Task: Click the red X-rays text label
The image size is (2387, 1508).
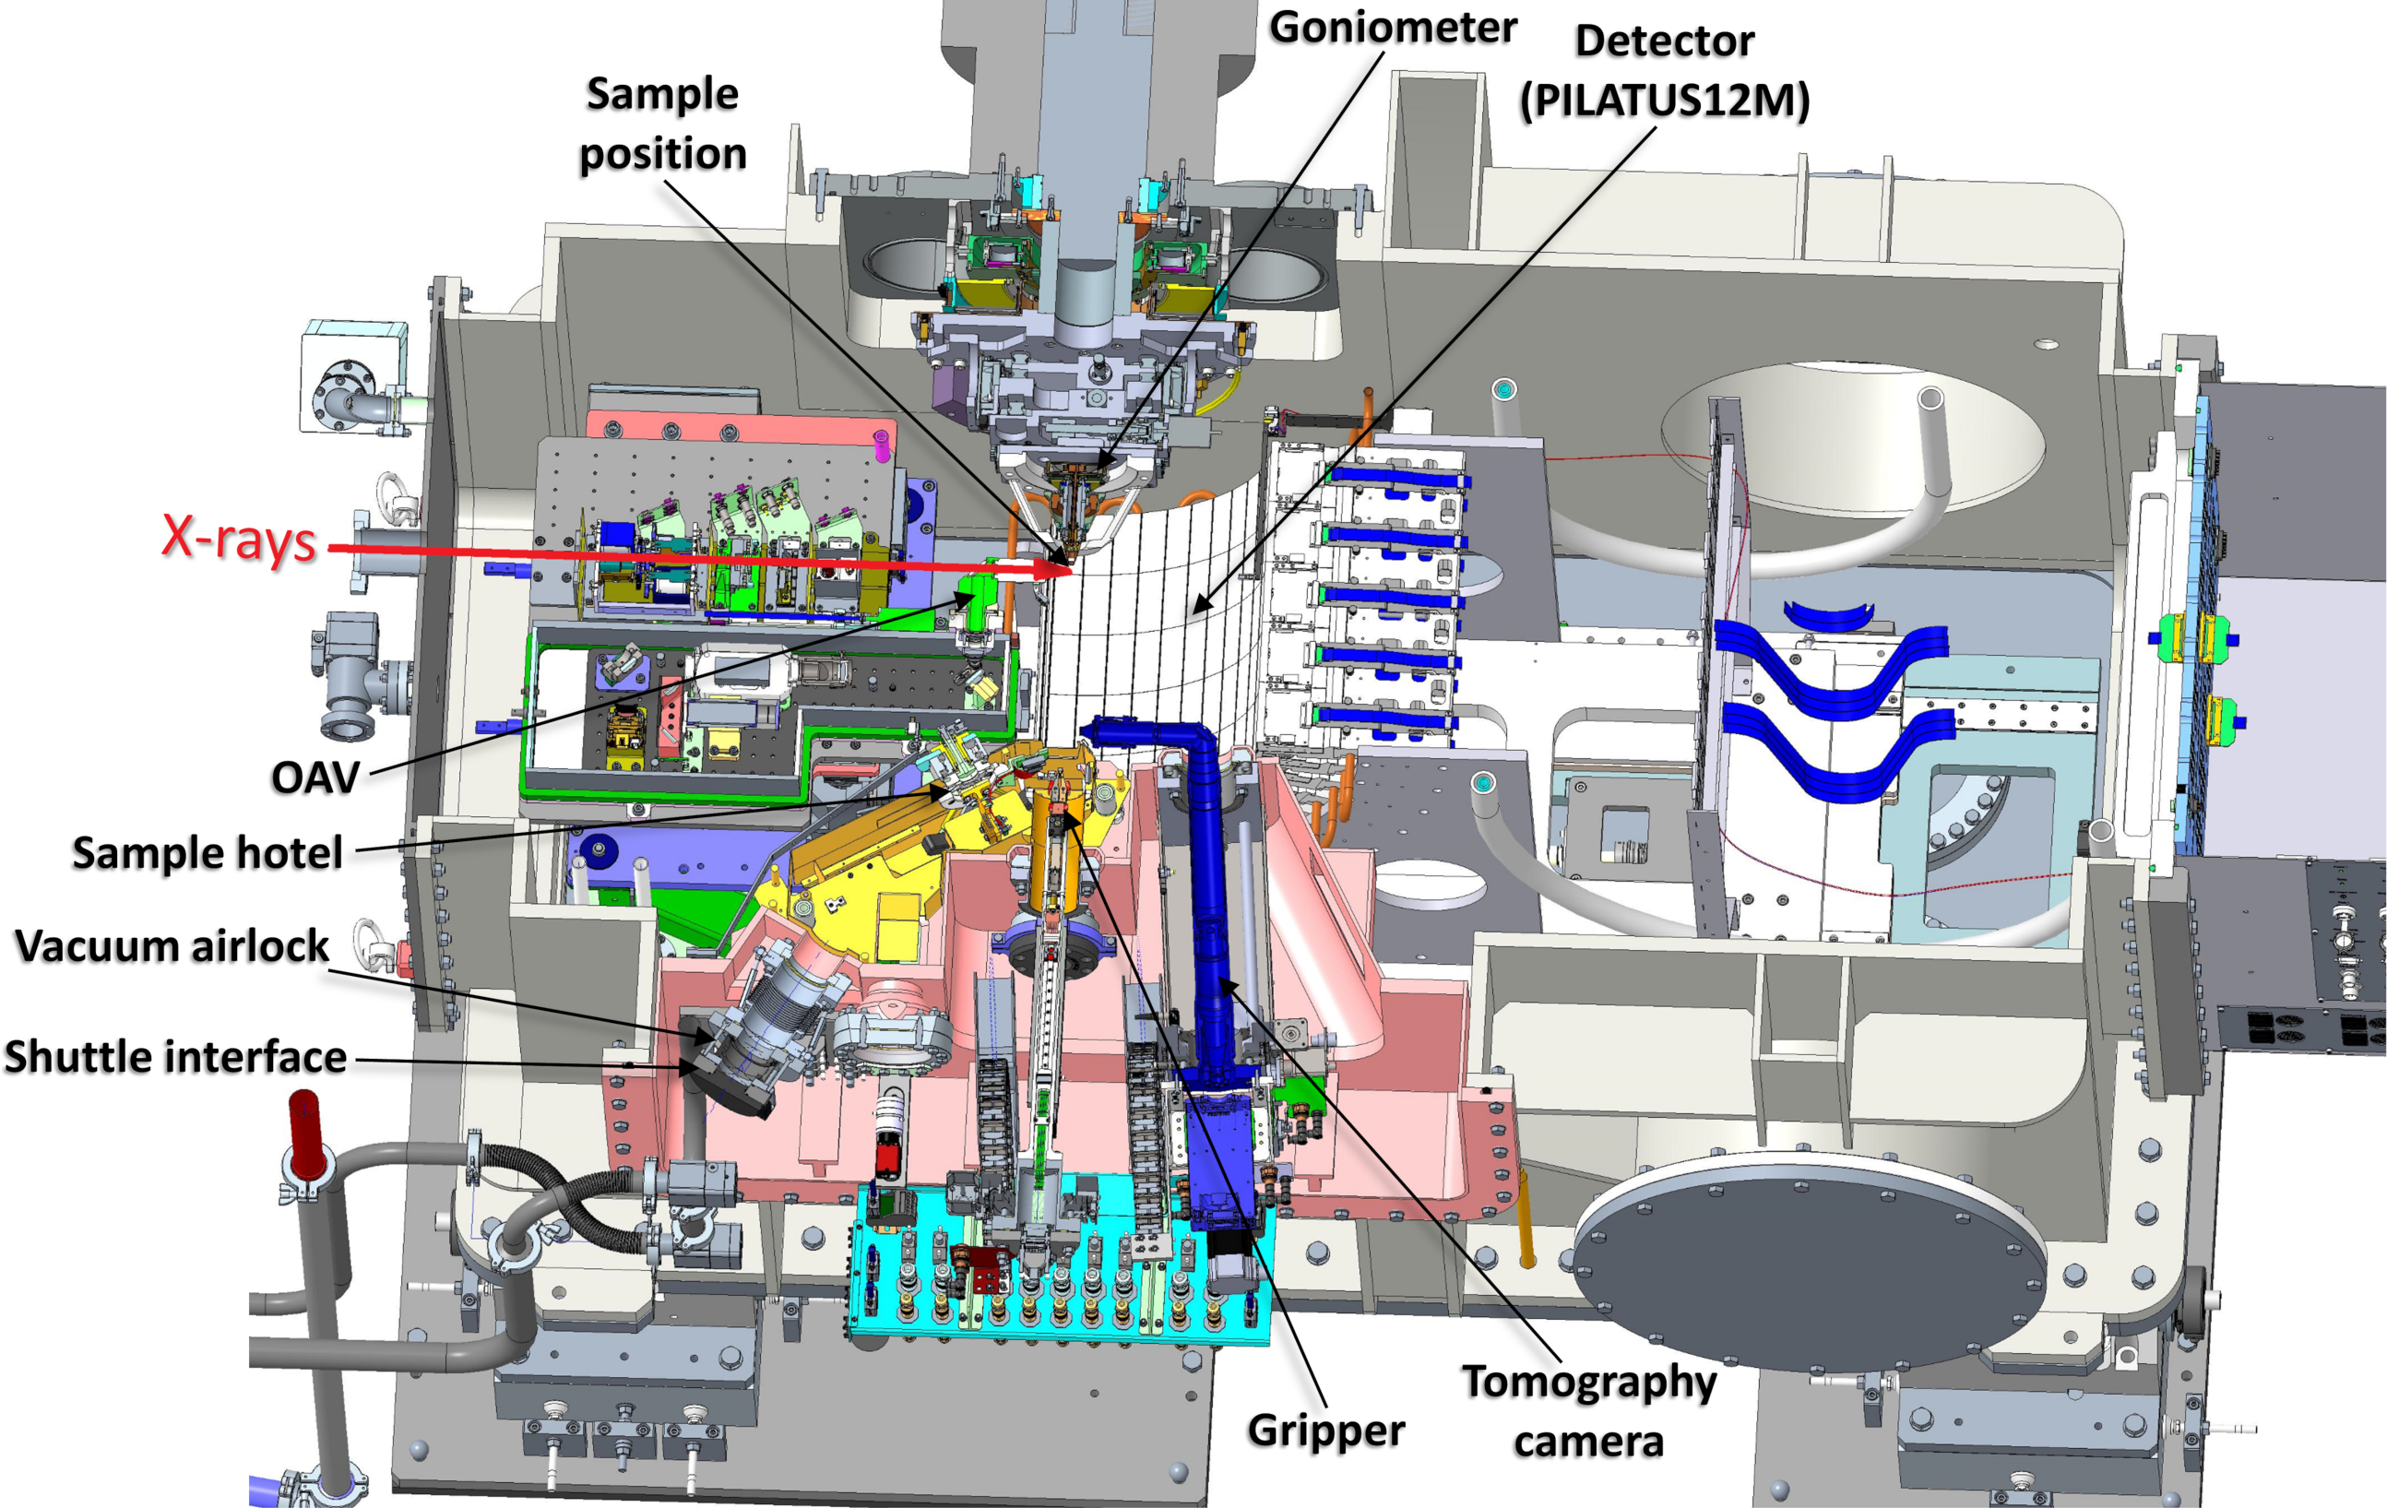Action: [x=239, y=539]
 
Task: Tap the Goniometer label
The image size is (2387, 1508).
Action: [x=1393, y=27]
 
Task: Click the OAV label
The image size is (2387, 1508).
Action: [x=315, y=778]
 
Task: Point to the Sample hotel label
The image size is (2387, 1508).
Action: [x=208, y=852]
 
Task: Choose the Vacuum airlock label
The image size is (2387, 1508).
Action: [x=172, y=946]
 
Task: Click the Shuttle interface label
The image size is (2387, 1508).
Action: [x=175, y=1057]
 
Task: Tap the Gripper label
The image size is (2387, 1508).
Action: [x=1325, y=1430]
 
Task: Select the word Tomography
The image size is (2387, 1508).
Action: [x=1588, y=1381]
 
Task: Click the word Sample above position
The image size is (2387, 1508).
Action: [x=662, y=94]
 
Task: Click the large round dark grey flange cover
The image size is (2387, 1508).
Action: [x=1807, y=1259]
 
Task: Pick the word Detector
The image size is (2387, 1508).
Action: [x=1665, y=42]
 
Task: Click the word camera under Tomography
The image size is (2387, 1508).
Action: [x=1588, y=1441]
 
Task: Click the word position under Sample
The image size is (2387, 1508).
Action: [x=662, y=154]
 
